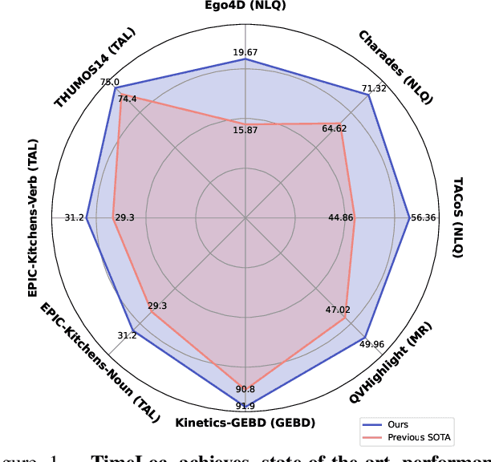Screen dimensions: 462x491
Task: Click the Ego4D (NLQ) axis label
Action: [245, 7]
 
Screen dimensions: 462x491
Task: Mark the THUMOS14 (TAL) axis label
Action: [95, 67]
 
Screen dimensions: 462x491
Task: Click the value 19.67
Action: [245, 53]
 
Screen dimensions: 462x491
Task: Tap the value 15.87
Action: [245, 130]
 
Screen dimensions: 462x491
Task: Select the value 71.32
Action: [374, 88]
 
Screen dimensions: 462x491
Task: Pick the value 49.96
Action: [371, 345]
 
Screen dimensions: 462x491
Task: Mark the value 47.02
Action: [338, 310]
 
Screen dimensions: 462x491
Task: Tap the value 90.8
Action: [245, 389]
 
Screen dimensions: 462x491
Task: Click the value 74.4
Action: [128, 99]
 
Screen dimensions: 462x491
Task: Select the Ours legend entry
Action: [399, 425]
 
